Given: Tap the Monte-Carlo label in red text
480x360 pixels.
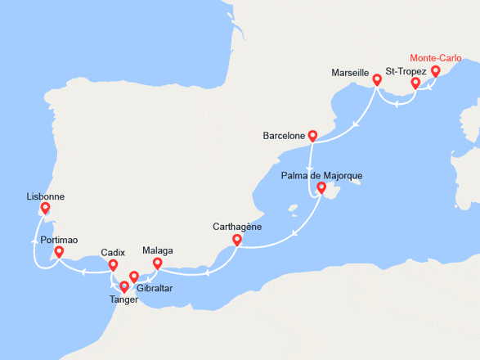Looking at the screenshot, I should click(x=435, y=58).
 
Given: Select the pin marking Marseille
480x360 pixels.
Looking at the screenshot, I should click(x=377, y=80).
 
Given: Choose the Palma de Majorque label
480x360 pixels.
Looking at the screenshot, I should click(x=321, y=176).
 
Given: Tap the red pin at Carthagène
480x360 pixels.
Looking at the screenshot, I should click(x=237, y=240).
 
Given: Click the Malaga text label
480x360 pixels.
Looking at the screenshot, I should click(x=157, y=250).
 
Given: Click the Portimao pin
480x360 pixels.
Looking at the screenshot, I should click(x=58, y=253).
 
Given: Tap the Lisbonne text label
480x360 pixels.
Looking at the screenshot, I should click(x=45, y=197).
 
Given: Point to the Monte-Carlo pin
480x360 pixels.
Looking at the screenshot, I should click(x=435, y=71).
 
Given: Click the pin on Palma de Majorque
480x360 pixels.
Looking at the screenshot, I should click(x=321, y=189).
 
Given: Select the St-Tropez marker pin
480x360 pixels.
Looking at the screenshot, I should click(x=415, y=83).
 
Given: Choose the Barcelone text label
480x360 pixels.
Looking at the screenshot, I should click(x=284, y=135).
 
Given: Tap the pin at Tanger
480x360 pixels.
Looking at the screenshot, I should click(x=123, y=286).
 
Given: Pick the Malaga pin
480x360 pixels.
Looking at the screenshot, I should click(x=157, y=263).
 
